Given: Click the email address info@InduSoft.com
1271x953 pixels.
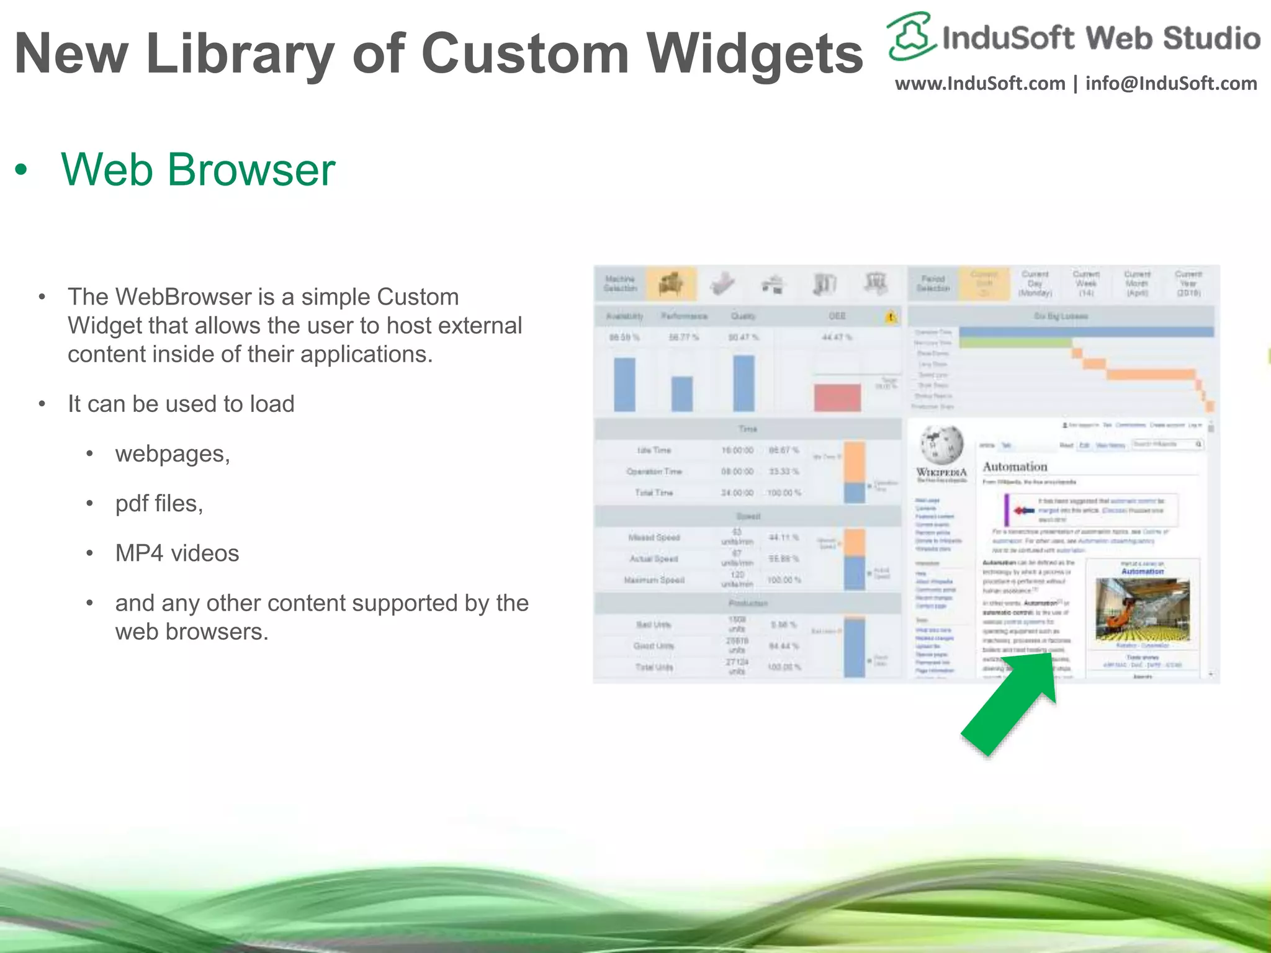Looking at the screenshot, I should click(1171, 83).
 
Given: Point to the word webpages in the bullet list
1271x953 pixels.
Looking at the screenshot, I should click(172, 454).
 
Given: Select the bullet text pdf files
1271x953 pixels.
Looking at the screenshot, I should click(159, 503).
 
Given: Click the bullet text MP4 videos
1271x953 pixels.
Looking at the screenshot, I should click(177, 553).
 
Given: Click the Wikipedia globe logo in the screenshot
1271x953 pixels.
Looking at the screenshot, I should click(941, 444).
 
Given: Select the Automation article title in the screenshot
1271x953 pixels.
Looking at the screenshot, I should click(1015, 467).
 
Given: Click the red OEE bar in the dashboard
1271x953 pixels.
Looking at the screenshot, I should click(837, 397).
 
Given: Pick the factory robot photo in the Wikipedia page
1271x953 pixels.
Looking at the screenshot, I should click(1142, 609).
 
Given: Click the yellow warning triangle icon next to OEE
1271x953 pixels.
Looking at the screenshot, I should click(891, 317).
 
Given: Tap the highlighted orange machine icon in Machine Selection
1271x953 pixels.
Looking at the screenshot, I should click(671, 284).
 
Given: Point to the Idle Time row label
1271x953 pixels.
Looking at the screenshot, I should click(653, 450).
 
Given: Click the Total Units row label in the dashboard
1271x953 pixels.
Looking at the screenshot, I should click(653, 667).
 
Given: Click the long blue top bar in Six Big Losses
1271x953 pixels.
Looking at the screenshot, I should click(1086, 332).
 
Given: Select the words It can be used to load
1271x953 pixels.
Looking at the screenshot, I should click(181, 404).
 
